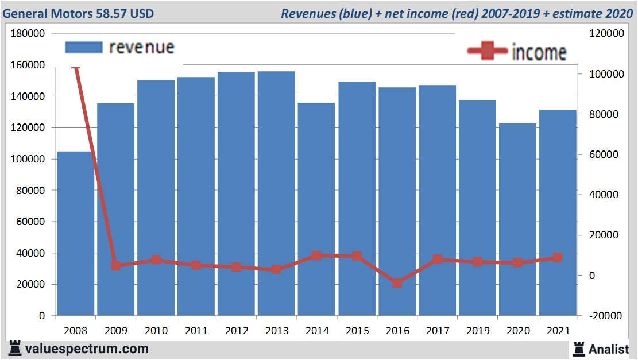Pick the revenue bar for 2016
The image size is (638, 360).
coord(397,202)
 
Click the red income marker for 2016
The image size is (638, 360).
coord(397,283)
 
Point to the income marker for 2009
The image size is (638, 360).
coord(116,265)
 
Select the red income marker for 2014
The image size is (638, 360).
coord(316,256)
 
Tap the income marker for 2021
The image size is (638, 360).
coord(557,258)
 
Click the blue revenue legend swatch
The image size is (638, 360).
coord(84,47)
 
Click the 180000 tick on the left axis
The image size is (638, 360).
coord(28,34)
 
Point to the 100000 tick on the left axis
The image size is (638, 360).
coord(28,159)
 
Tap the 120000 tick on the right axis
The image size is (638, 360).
coord(606,34)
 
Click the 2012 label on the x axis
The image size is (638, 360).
coord(236,331)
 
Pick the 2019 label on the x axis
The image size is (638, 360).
coord(477,331)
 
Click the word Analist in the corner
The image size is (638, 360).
coord(608,349)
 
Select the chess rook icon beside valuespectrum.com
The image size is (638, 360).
coord(16,349)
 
